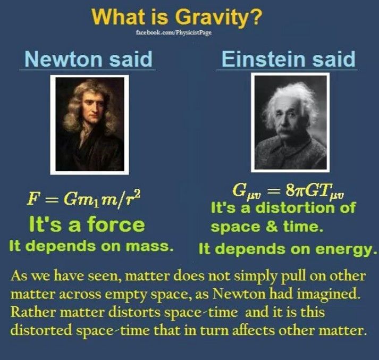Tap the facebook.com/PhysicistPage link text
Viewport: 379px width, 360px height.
(x=174, y=32)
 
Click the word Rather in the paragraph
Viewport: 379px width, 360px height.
(x=33, y=312)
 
